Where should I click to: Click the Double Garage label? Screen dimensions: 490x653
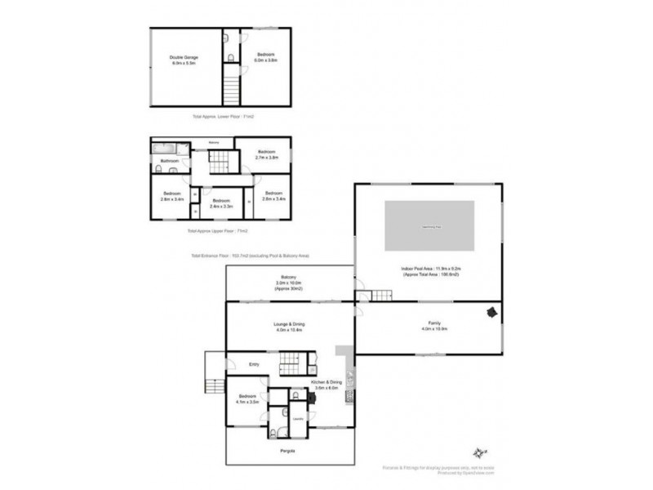coord(184,60)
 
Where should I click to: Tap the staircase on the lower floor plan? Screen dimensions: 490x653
coord(232,85)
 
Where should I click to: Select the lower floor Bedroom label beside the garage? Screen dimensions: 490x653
coord(266,57)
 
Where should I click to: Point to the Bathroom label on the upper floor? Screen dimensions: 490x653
coord(169,161)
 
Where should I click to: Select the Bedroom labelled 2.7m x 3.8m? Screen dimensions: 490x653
coord(266,155)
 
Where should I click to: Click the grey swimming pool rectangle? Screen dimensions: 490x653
coord(429,227)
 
